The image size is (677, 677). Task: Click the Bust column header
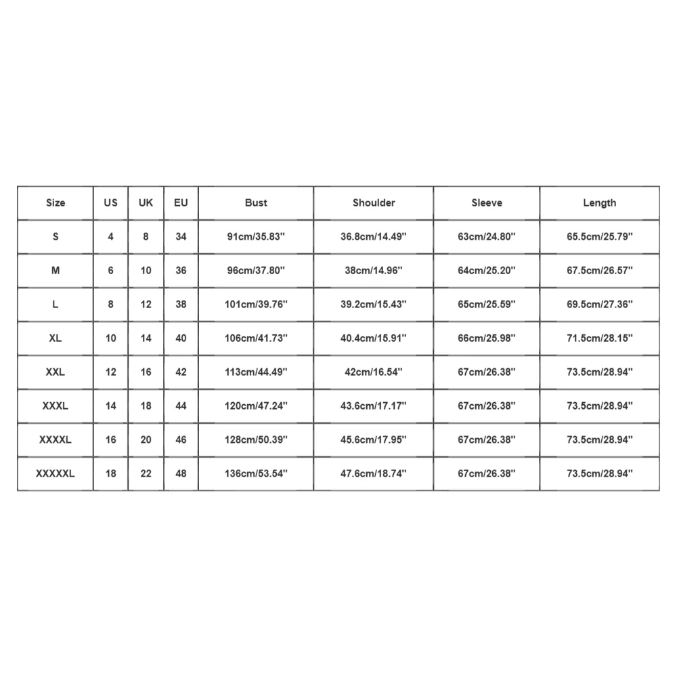pos(256,202)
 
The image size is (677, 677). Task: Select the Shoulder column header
pos(374,202)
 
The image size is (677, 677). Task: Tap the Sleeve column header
pos(487,202)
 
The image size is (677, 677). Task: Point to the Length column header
pos(600,202)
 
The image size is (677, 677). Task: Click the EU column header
pos(181,202)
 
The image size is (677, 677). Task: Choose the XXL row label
pos(56,372)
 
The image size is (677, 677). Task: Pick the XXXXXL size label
pos(56,473)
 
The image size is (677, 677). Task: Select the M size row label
pos(56,270)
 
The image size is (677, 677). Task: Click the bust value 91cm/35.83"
pos(256,236)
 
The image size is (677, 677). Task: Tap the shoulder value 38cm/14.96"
pos(374,270)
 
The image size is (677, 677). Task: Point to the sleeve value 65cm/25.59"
pos(487,304)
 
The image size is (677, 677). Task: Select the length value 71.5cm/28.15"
pos(600,338)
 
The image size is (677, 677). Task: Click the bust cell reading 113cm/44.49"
pos(256,372)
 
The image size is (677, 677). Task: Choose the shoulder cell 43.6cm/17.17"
pos(374,406)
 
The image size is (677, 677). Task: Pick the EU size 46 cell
pos(181,439)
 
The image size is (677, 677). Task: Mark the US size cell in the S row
pos(111,236)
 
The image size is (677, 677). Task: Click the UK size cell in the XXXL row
pos(146,406)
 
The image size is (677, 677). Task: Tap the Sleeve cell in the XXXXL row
pos(487,439)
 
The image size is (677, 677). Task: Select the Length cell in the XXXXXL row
pos(600,473)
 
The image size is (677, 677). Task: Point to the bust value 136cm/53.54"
pos(256,473)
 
